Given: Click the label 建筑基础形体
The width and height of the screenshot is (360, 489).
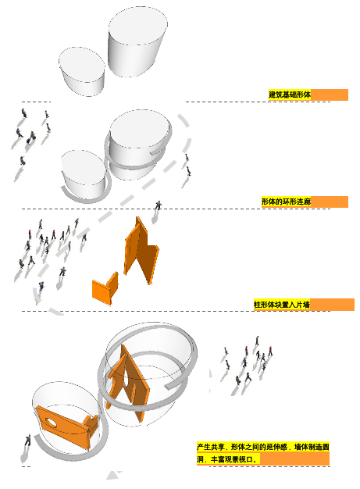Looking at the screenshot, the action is click(290, 95).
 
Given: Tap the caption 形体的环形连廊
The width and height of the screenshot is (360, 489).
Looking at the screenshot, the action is click(286, 202).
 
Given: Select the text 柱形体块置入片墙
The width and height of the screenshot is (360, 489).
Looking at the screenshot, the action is click(282, 305).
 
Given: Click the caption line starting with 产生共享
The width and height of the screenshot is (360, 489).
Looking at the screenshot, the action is click(262, 447).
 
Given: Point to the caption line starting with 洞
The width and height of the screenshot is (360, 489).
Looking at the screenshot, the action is click(227, 459).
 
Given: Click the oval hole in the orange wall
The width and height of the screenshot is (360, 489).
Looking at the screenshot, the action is click(52, 422).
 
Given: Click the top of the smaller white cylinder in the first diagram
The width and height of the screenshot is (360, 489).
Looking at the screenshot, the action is click(82, 64).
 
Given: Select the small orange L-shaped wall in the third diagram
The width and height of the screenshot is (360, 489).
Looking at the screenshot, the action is click(105, 288).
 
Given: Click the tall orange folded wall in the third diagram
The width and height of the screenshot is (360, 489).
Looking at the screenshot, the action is click(141, 249).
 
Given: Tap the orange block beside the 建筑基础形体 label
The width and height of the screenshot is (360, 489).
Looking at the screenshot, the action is click(329, 95).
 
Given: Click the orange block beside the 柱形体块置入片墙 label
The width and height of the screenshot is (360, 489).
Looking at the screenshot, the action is click(332, 305).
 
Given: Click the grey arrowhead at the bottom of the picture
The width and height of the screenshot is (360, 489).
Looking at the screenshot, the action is click(114, 475).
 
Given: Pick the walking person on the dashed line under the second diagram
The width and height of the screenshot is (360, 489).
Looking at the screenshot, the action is click(159, 205).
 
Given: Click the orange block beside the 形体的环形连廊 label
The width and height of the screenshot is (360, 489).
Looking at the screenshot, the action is click(330, 202).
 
